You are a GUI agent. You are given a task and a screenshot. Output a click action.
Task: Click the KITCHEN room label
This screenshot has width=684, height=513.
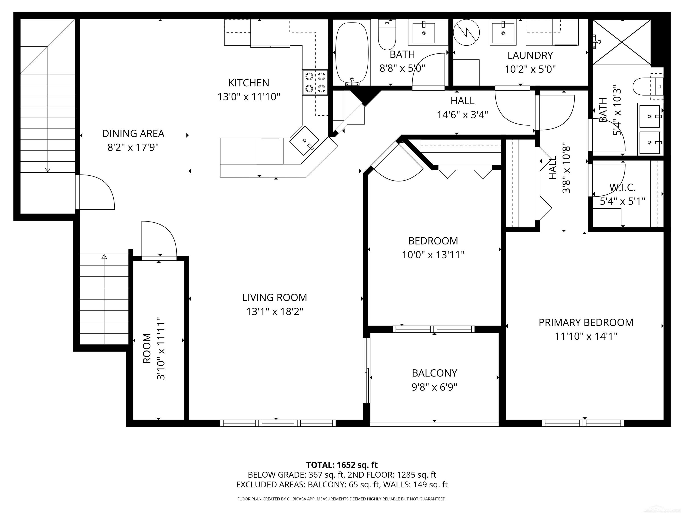pos(249,83)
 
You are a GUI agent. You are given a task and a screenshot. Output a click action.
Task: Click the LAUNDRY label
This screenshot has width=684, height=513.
pos(530,55)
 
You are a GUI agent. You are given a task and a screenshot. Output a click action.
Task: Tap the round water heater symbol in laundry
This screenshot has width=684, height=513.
pos(466,32)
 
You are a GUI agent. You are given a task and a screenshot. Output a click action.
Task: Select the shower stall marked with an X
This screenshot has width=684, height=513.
pos(621,42)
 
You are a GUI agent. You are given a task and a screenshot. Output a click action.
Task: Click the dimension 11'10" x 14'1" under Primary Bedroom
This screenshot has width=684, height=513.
pos(586,336)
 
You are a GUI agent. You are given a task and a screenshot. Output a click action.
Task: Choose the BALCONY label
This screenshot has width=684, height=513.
pos(434,373)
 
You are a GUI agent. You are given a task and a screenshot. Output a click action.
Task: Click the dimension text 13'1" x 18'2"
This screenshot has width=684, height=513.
pos(275,311)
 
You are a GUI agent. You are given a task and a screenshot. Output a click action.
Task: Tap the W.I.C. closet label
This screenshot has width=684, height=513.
pos(622,187)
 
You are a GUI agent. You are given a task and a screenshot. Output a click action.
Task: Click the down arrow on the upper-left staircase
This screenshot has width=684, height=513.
pos(48,169)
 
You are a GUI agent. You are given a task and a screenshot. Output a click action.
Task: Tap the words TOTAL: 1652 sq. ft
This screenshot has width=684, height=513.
pos(342,465)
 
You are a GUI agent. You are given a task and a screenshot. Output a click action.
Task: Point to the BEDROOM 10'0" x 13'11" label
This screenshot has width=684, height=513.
pos(433,241)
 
